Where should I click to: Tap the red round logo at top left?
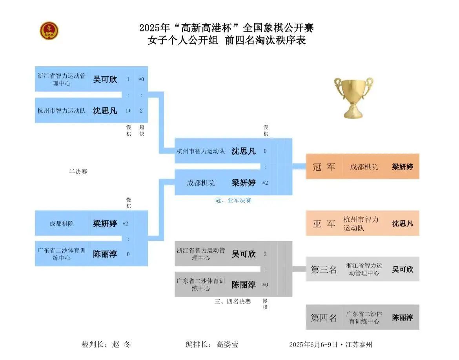pos(49,31)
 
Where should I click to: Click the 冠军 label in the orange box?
pos(324,167)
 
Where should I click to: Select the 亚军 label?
pos(324,224)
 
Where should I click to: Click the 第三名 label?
pos(324,269)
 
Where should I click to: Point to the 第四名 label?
pos(324,318)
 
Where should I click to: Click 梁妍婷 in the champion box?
pos(403,167)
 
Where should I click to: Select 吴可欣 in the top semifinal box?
pos(105,79)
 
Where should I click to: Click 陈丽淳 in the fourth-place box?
pos(403,318)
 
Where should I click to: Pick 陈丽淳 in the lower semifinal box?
pos(105,254)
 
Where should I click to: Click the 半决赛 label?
pos(78,172)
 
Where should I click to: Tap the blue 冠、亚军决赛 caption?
pos(233,200)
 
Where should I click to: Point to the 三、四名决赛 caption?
pos(233,301)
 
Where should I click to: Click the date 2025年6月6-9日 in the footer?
pos(313,345)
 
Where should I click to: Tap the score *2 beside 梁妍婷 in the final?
pos(265,183)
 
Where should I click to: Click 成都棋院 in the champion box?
pos(364,167)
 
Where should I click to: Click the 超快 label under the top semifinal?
pos(142,131)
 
